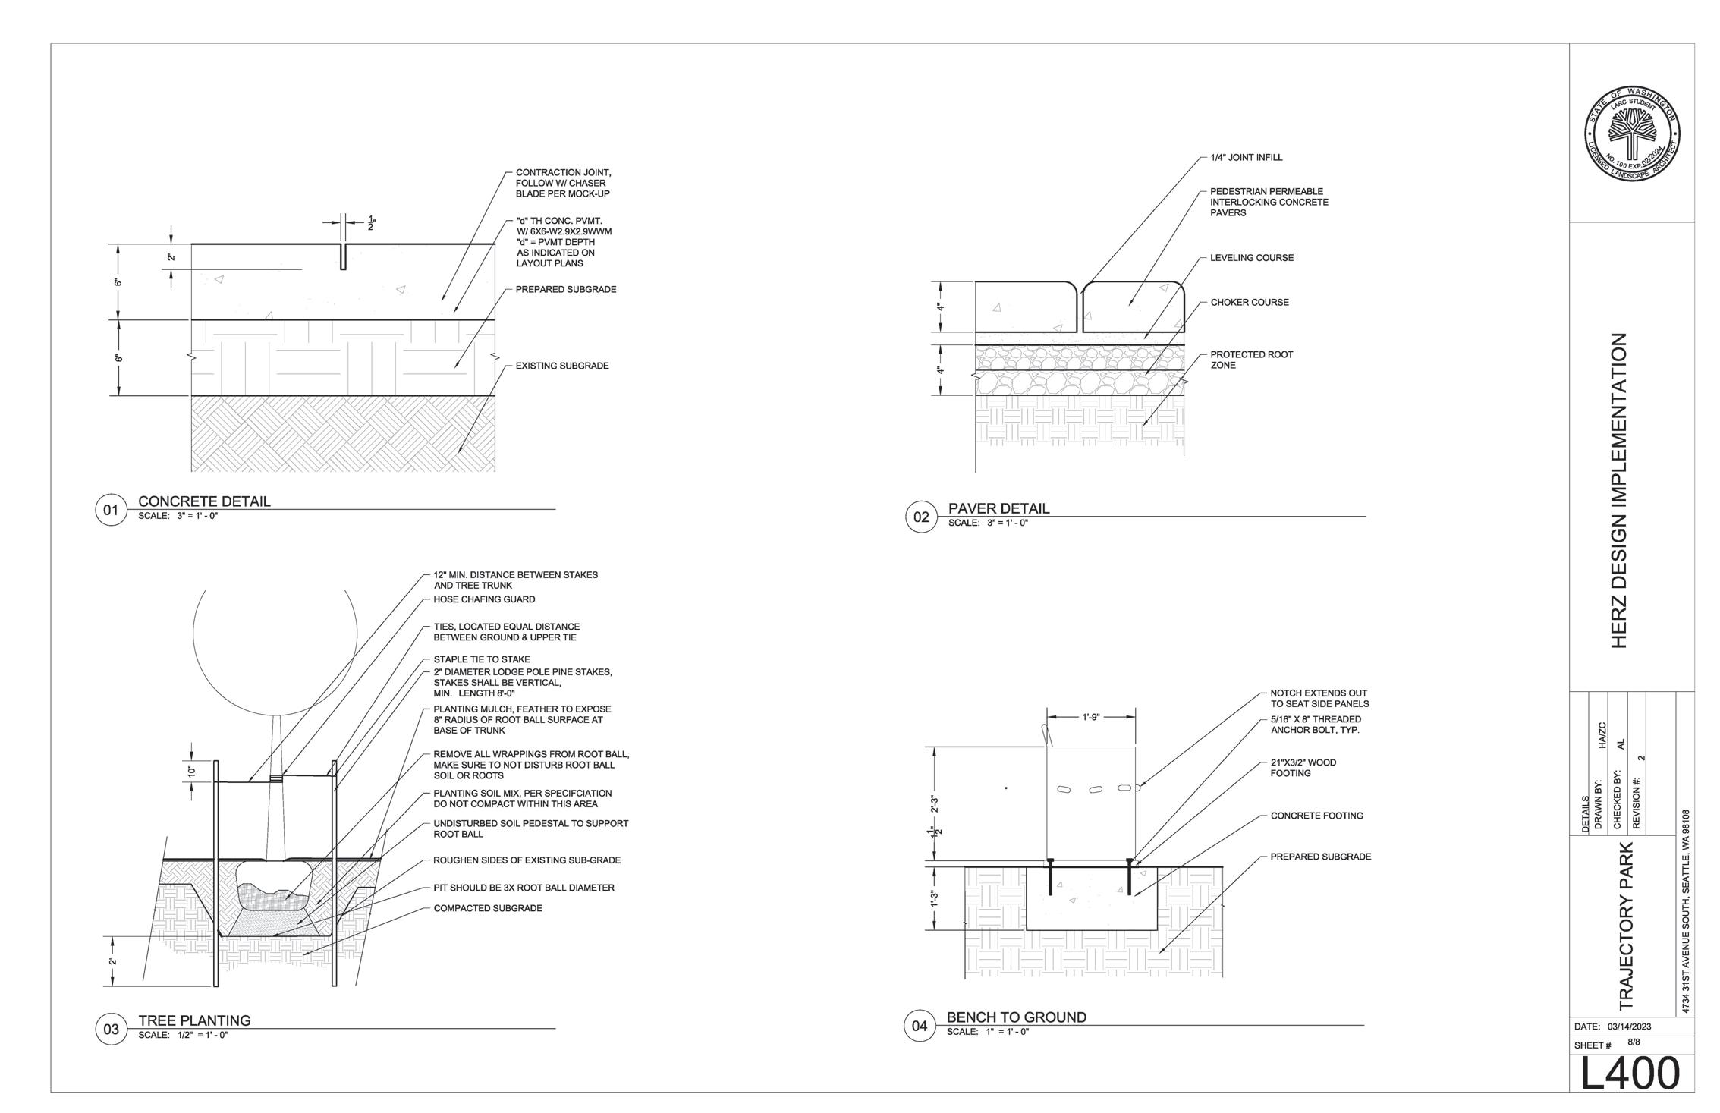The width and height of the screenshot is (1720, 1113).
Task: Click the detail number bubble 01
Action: pyautogui.click(x=111, y=510)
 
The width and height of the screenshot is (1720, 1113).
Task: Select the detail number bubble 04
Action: pyautogui.click(x=920, y=1027)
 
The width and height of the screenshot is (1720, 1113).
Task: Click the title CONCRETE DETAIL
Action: pyautogui.click(x=204, y=501)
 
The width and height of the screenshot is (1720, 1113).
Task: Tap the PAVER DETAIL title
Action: pyautogui.click(x=998, y=508)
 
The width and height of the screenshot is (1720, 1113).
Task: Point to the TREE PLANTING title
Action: pyautogui.click(x=194, y=1020)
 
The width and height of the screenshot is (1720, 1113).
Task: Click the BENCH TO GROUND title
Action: pyautogui.click(x=1016, y=1017)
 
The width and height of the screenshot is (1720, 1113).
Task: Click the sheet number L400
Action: pyautogui.click(x=1630, y=1074)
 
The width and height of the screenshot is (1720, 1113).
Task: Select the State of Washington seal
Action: pyautogui.click(x=1631, y=134)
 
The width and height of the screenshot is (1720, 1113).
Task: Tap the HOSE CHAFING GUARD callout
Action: pyautogui.click(x=484, y=599)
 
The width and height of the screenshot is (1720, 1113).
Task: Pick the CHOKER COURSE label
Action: pyautogui.click(x=1250, y=302)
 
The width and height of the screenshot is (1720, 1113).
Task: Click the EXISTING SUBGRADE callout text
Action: pyautogui.click(x=562, y=366)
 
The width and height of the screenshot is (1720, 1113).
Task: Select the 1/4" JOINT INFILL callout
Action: pyautogui.click(x=1247, y=158)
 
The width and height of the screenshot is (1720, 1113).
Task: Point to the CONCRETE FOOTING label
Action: pyautogui.click(x=1316, y=816)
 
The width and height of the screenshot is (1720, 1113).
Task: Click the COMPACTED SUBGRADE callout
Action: pyautogui.click(x=488, y=908)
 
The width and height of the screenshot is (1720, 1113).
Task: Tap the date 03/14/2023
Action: pyautogui.click(x=1629, y=1027)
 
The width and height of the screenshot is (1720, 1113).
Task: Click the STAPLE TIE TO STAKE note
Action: pyautogui.click(x=482, y=659)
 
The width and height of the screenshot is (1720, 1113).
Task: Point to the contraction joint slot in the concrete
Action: pyautogui.click(x=343, y=256)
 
